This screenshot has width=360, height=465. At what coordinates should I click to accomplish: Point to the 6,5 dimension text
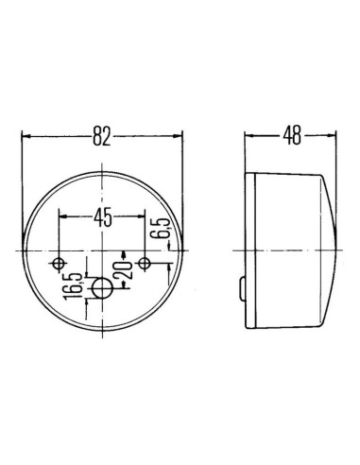[162, 230]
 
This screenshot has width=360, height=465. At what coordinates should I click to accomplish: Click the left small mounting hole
[60, 262]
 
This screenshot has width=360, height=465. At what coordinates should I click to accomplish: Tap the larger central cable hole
[102, 286]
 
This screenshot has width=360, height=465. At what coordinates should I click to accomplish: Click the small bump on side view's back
[243, 285]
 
